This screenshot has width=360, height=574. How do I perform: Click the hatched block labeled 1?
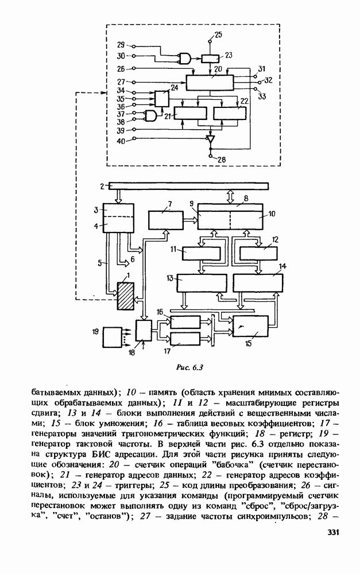125,296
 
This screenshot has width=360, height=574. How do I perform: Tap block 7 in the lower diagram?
164,219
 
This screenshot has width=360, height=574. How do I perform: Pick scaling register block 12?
256,253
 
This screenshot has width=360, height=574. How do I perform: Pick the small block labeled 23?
210,57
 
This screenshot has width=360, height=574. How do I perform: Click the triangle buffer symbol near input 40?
211,139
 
